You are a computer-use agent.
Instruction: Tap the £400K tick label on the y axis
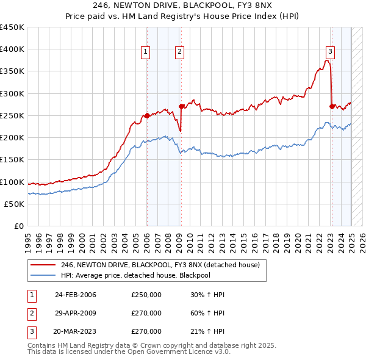[x=12, y=49]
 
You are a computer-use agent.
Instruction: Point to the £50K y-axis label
[x=14, y=204]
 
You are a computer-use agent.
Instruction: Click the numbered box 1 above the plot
[x=146, y=52]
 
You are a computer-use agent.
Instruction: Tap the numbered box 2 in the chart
[x=180, y=52]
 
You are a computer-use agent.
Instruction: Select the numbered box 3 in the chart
[x=329, y=52]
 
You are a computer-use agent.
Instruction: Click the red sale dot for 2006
[x=147, y=115]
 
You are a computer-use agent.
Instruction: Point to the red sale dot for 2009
[x=181, y=106]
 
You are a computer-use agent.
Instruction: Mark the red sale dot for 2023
[x=332, y=106]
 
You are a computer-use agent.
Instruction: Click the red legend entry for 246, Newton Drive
[x=160, y=265]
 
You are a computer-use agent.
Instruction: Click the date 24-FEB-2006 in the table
[x=76, y=295]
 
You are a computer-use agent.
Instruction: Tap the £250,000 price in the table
[x=146, y=295]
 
